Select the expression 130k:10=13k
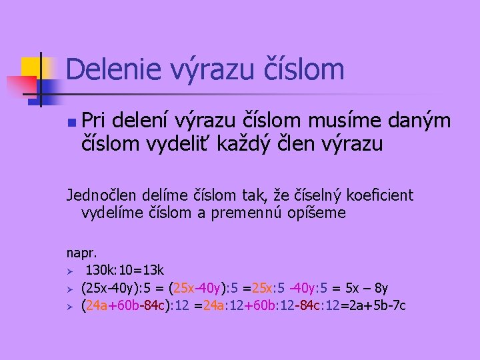(125, 270)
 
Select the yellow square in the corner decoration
(31, 68)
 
